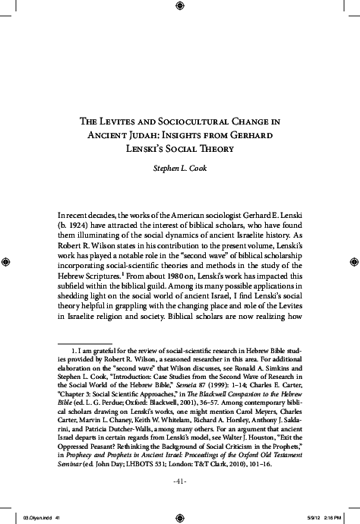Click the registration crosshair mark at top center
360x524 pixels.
coord(180,7)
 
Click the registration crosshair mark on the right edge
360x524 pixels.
coord(352,261)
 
